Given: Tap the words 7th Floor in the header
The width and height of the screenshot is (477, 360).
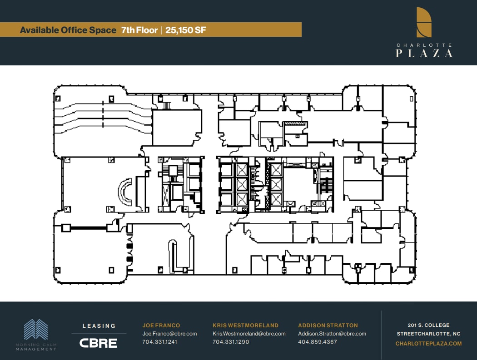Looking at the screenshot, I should click(139, 30).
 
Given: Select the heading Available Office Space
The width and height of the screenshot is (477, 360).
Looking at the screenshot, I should click(68, 30).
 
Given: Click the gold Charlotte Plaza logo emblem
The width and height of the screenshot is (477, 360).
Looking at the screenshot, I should click(424, 22).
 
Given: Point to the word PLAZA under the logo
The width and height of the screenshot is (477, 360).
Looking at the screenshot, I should click(424, 54).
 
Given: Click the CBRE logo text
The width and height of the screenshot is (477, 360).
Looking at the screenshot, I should click(98, 343).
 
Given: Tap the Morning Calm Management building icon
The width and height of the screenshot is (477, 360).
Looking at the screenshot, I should click(36, 329).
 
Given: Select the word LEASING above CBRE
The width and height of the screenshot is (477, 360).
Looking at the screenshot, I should click(99, 325).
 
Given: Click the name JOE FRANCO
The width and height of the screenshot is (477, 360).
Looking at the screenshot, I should click(161, 325).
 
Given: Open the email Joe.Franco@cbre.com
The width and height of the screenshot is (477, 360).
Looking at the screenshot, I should click(169, 334).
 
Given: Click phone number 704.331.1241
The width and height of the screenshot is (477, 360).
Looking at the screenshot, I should click(160, 342).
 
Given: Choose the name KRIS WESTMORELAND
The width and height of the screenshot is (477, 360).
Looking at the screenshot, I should click(245, 325).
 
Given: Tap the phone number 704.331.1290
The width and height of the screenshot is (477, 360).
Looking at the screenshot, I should click(231, 342).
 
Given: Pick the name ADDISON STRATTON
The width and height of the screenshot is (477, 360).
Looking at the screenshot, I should click(328, 325).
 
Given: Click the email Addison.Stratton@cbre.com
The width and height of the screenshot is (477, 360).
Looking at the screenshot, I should click(332, 334).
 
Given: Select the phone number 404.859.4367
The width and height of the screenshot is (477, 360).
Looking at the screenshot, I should click(318, 342).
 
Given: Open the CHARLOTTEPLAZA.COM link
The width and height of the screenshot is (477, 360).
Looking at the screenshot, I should click(428, 344).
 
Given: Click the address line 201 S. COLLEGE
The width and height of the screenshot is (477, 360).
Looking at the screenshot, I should click(428, 325).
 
